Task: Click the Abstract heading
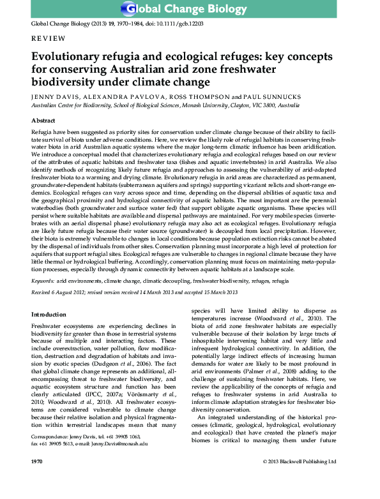click(x=43, y=120)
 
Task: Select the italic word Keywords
click(x=42, y=280)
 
